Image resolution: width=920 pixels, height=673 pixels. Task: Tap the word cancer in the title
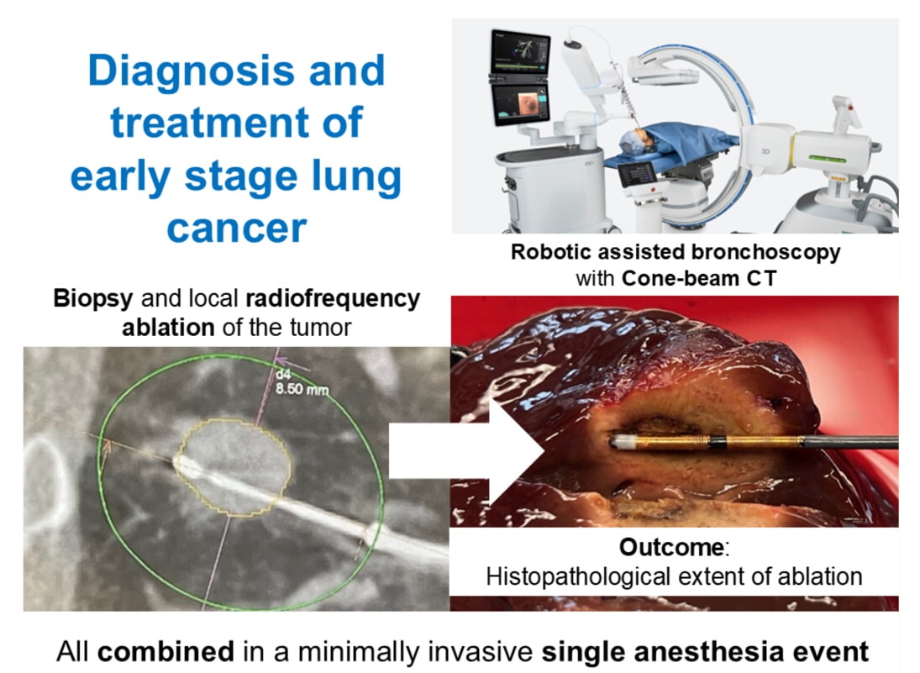(236, 228)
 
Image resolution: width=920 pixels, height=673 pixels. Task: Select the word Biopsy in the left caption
(93, 299)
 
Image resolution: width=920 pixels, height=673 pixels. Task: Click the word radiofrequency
(333, 298)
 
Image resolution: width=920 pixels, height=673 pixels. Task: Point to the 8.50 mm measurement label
(302, 389)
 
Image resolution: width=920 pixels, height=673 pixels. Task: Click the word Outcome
(672, 548)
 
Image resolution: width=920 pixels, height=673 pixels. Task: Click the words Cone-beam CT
(699, 278)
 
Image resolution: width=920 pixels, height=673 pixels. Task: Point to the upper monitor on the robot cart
(520, 52)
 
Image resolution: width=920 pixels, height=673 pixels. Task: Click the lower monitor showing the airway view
(520, 103)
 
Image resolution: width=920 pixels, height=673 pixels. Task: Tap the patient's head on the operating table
(637, 141)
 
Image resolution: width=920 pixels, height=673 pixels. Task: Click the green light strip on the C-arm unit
(827, 159)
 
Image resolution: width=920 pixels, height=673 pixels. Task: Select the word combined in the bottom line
(166, 652)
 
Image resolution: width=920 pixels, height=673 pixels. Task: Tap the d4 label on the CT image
(283, 375)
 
